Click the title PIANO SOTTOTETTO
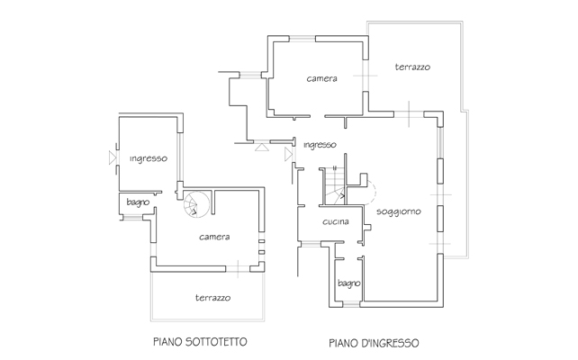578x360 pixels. click(x=200, y=342)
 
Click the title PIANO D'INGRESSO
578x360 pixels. click(x=374, y=343)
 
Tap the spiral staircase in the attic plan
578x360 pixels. click(x=197, y=204)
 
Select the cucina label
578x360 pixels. click(x=336, y=221)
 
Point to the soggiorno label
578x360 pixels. click(x=399, y=211)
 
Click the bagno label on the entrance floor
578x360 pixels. click(x=348, y=283)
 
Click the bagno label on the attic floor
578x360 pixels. click(x=138, y=202)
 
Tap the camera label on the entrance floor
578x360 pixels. click(x=321, y=78)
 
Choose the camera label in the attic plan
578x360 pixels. click(x=214, y=237)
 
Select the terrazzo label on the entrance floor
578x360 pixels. click(x=412, y=67)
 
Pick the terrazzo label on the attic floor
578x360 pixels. click(x=213, y=298)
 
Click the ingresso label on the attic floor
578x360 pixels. click(x=149, y=158)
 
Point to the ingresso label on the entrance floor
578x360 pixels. click(x=320, y=145)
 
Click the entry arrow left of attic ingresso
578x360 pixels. click(x=113, y=157)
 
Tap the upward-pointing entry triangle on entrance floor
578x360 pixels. click(x=262, y=147)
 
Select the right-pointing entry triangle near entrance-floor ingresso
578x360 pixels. click(x=288, y=155)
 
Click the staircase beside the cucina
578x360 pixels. click(x=334, y=186)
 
